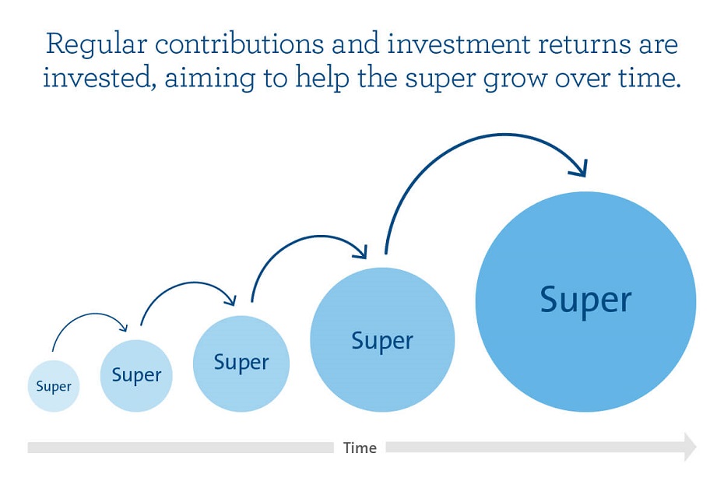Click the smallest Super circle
point(54,386)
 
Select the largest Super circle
point(585,301)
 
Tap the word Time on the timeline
point(360,448)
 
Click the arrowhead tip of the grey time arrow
point(696,447)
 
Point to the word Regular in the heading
point(96,45)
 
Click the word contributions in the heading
point(239,44)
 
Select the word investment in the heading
point(459,44)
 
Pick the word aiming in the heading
point(209,79)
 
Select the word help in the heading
point(322,79)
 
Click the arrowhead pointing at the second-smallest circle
point(122,327)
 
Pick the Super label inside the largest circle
point(585,301)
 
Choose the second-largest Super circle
point(382,340)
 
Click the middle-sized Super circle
point(241,363)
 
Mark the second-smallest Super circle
point(136,376)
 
